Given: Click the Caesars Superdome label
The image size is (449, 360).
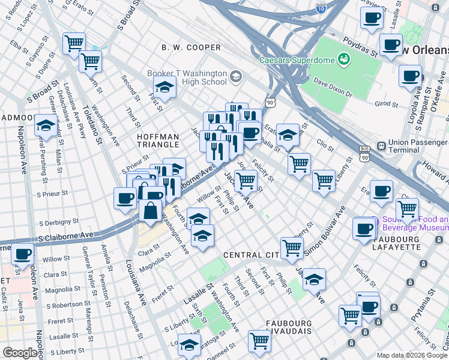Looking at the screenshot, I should (x=297, y=60).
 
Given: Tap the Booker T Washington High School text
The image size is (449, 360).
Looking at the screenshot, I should (x=187, y=78).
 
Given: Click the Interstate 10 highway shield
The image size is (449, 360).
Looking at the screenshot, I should (x=321, y=8).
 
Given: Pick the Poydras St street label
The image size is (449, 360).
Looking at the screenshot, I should (x=360, y=47).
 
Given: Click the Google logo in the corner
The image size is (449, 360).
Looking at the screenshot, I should (x=20, y=353).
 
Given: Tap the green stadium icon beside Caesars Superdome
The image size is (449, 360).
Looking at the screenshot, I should (x=345, y=59).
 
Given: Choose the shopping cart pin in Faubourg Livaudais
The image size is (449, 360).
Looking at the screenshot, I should (x=260, y=341).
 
